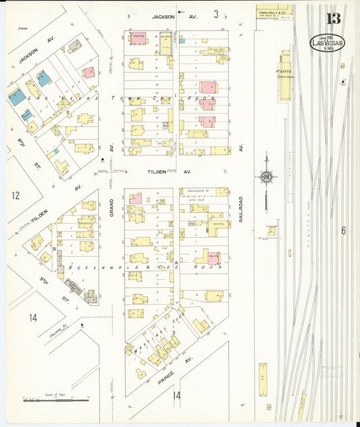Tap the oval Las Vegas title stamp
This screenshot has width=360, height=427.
[327, 43]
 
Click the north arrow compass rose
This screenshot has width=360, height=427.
[266, 178]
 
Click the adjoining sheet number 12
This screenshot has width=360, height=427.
[16, 196]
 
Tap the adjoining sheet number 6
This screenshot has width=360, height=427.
[343, 231]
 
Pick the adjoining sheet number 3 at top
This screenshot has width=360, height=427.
[216, 14]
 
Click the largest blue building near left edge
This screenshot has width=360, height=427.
[16, 97]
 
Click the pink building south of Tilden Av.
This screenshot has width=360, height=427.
[136, 199]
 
